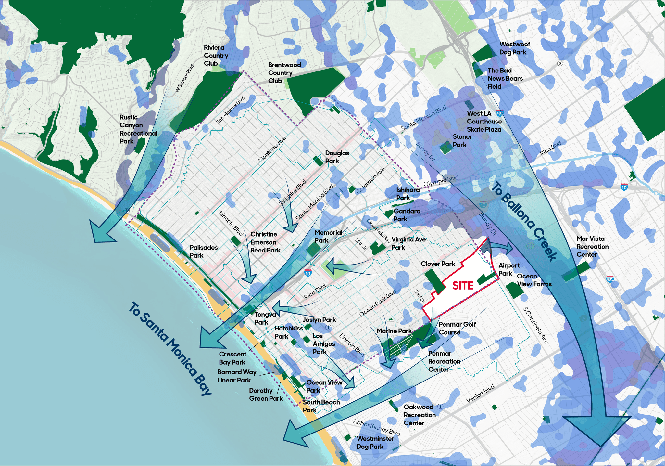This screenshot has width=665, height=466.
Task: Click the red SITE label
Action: (x=463, y=286)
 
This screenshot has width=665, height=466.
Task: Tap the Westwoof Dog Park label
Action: (x=514, y=48)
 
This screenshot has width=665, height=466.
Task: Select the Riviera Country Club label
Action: (x=216, y=56)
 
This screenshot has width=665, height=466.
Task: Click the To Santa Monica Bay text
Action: (x=170, y=349)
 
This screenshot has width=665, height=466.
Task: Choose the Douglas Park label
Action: (x=337, y=157)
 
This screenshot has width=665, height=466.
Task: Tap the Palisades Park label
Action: (x=203, y=252)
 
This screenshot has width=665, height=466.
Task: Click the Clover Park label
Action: (x=438, y=264)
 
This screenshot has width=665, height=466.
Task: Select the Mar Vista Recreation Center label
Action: (x=592, y=247)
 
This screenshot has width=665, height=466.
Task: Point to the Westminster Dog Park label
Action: (x=375, y=443)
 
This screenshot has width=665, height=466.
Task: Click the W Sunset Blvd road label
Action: (x=184, y=78)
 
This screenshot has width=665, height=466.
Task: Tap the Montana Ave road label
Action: (x=272, y=149)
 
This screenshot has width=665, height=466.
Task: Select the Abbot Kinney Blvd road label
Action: (x=376, y=427)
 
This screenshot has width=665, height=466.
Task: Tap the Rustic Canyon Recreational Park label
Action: (x=138, y=129)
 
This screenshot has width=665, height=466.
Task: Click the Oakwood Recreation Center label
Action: (x=419, y=415)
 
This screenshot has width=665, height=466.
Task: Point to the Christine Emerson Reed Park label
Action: (x=265, y=242)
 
